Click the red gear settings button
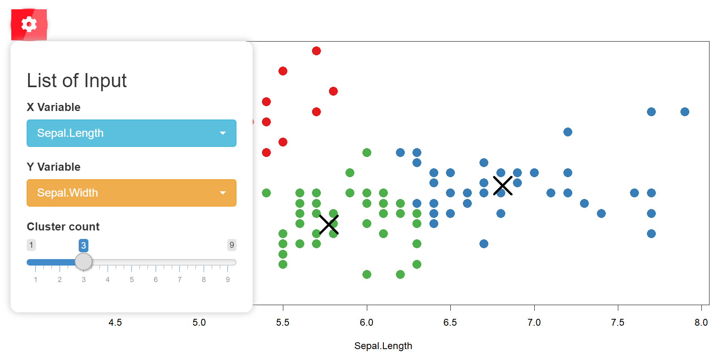coord(29,25)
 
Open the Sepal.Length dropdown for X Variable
coord(131,133)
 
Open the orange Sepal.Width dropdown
coord(131,193)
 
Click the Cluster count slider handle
coord(84,262)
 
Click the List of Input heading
coord(77,81)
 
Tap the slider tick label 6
coord(156,279)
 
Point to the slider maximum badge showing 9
coord(232,245)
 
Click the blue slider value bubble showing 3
coord(84,245)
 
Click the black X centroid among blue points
coord(503,186)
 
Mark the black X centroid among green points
coord(329,224)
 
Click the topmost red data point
coord(316,51)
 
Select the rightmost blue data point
coord(685,112)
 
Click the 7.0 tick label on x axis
coord(534,322)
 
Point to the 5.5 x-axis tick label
coord(283,322)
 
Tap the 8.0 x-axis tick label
coord(701,322)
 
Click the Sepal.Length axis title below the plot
coord(383,346)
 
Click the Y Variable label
coord(54,167)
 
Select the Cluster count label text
coord(63,227)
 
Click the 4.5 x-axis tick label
coord(115,322)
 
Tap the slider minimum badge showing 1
coord(31,245)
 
